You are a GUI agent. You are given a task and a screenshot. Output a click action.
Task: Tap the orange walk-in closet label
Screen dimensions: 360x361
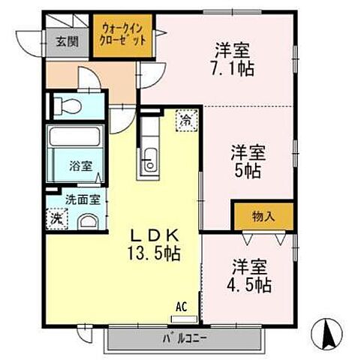[123, 35]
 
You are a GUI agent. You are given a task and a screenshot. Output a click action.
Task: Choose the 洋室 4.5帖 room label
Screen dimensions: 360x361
[248, 276]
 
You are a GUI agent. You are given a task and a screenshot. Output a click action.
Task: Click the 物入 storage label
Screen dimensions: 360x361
[262, 217]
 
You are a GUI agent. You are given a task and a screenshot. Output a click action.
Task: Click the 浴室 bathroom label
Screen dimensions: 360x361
[82, 166]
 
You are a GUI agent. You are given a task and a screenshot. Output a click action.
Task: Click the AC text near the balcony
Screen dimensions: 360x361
[181, 306]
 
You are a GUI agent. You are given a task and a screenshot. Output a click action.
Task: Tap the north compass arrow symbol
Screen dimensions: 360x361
[327, 331]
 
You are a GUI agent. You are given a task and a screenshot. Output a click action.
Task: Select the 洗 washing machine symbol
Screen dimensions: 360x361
[57, 218]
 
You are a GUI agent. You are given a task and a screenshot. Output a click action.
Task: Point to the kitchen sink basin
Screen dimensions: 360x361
[149, 160]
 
